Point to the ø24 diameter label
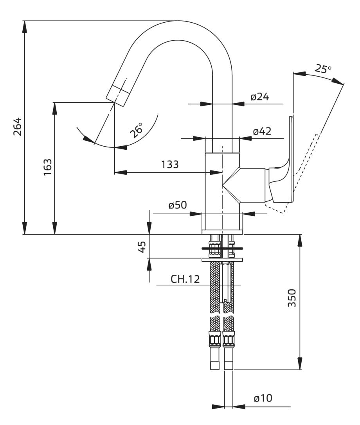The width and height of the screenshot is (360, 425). pos(260,97)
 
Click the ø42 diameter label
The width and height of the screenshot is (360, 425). pos(262,131)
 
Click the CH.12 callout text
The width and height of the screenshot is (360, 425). pos(185,279)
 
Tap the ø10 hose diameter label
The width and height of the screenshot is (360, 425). pos(263,398)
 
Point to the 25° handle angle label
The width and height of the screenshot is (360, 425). pos(323,69)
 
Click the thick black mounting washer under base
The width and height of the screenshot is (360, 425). pos(222,248)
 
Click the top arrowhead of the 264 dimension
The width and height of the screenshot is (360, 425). pos(25,26)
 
